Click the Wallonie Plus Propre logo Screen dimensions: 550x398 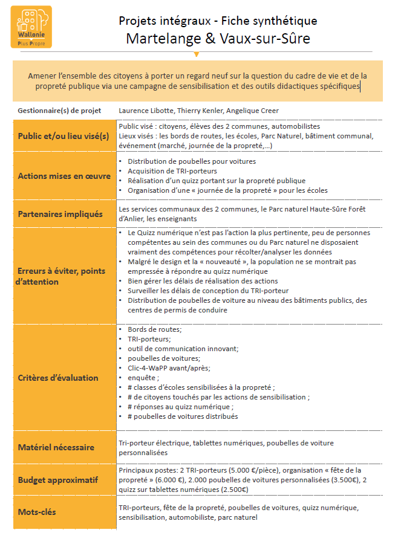coord(31,27)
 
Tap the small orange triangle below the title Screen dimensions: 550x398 coord(196,54)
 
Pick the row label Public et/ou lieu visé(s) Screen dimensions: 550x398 coord(64,136)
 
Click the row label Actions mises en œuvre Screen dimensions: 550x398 coord(64,176)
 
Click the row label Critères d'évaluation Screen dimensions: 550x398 coord(58,378)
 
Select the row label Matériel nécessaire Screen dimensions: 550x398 coord(56,447)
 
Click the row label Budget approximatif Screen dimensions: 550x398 coord(58,480)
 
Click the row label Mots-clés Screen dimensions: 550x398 coord(37,513)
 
